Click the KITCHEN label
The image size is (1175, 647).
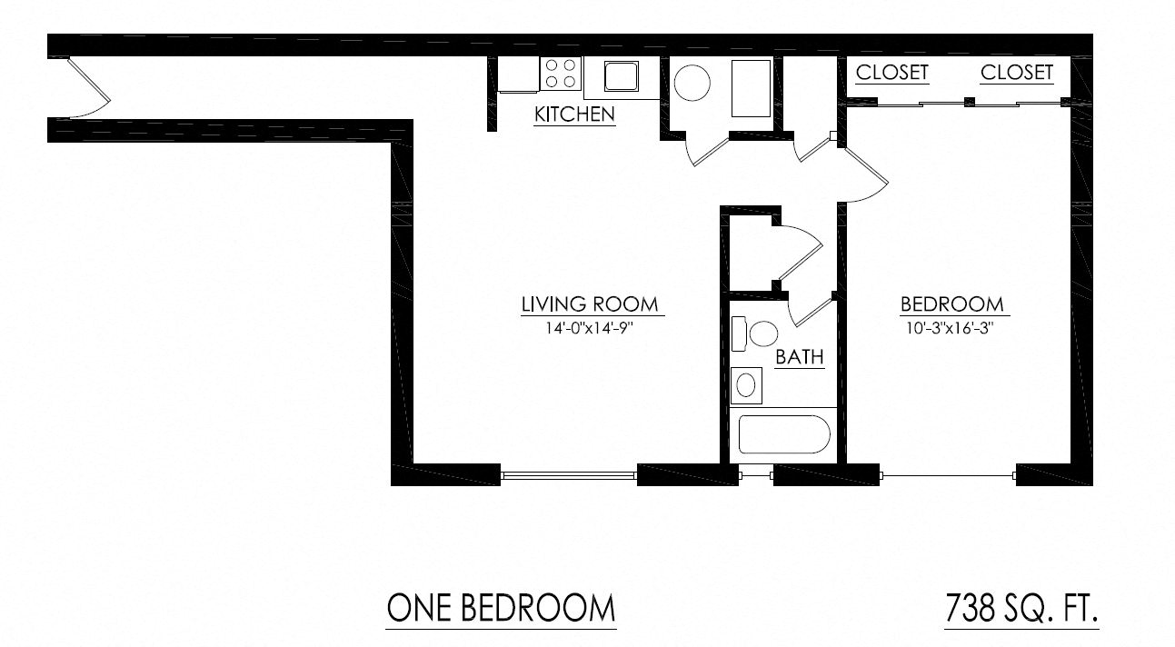[x=574, y=114]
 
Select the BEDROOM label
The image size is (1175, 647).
[x=951, y=304]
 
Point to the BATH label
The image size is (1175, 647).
[x=800, y=357]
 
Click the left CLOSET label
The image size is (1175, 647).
[x=892, y=73]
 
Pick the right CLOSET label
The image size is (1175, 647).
[x=1017, y=73]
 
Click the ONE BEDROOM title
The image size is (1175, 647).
[x=501, y=607]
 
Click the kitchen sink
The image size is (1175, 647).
[x=622, y=75]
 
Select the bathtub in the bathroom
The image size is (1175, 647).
[x=783, y=434]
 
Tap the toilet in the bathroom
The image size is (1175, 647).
[x=755, y=333]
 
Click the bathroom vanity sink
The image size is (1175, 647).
[x=746, y=384]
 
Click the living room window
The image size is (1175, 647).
[x=569, y=473]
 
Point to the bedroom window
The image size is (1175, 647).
[x=948, y=474]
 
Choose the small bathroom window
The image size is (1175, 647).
[x=755, y=473]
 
